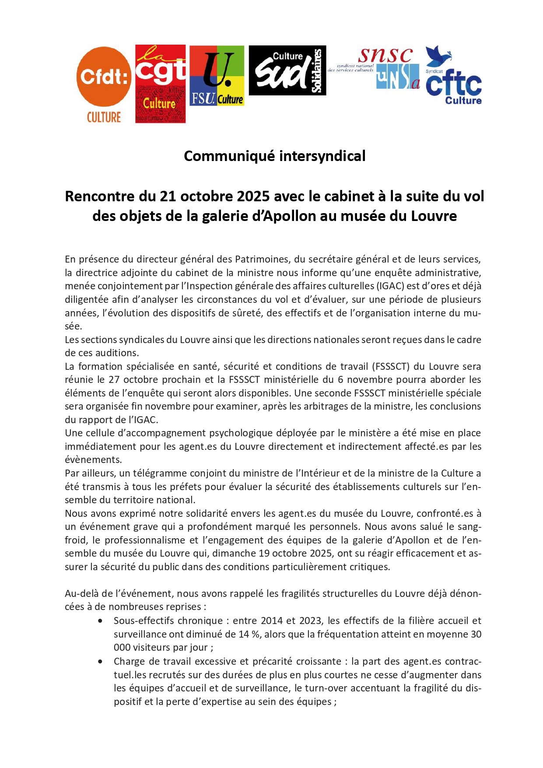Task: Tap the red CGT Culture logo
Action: coord(160,84)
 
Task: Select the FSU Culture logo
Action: coord(217,76)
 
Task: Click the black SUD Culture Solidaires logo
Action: coord(287,70)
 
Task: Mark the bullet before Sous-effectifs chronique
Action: coord(101,621)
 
